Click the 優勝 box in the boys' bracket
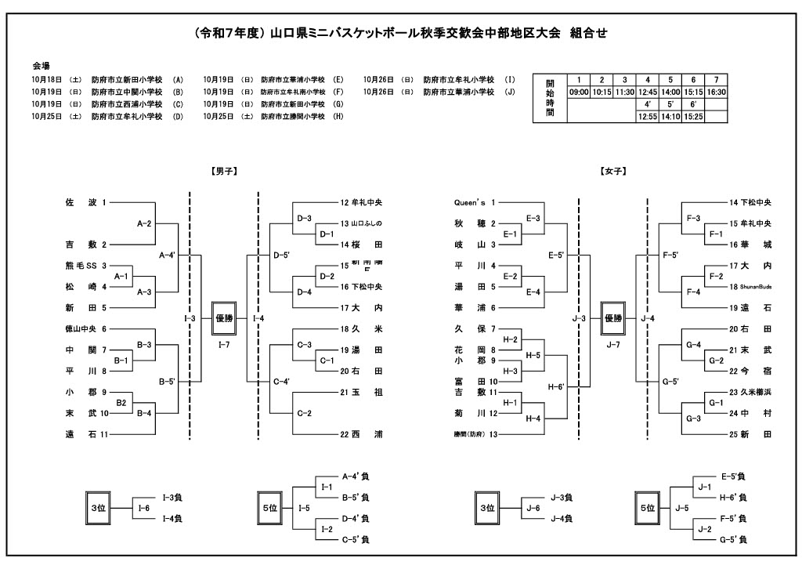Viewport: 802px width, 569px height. point(223,318)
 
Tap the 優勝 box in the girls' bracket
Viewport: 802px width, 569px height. point(612,318)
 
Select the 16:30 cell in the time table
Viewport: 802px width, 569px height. point(716,92)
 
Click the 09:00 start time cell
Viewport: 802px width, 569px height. point(579,92)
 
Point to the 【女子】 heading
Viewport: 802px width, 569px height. point(612,170)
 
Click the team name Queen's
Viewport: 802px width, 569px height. point(470,202)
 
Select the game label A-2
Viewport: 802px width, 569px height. point(144,223)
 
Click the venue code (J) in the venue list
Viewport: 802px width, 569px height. point(511,92)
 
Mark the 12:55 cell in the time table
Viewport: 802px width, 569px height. point(648,116)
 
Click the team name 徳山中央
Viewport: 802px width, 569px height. point(81,329)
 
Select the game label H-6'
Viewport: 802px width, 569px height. point(556,386)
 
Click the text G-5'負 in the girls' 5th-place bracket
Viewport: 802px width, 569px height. point(732,539)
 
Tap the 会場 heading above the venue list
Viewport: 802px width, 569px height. point(41,65)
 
